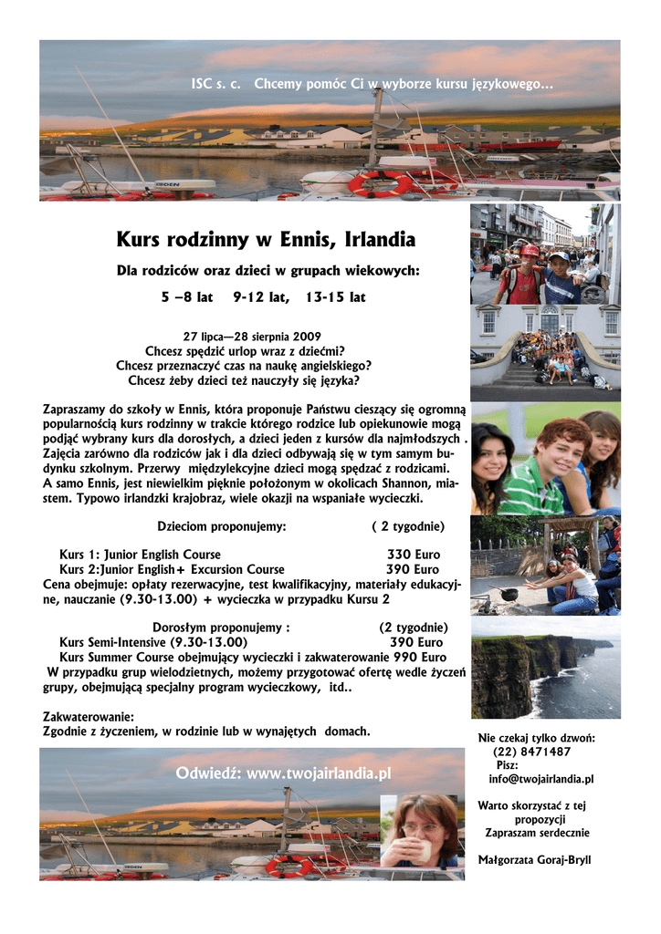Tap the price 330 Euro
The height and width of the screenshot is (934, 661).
pyautogui.click(x=413, y=555)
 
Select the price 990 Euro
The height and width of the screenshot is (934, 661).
pyautogui.click(x=420, y=657)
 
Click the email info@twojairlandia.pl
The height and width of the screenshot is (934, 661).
pyautogui.click(x=541, y=779)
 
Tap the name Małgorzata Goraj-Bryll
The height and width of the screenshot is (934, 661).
pyautogui.click(x=535, y=860)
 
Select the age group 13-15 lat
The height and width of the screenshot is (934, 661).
pyautogui.click(x=335, y=297)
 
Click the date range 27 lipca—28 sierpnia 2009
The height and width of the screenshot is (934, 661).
pyautogui.click(x=252, y=336)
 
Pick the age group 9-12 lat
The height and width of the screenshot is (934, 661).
pyautogui.click(x=261, y=297)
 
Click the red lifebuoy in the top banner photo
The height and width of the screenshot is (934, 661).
pyautogui.click(x=379, y=184)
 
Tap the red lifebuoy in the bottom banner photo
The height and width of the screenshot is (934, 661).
pyautogui.click(x=289, y=865)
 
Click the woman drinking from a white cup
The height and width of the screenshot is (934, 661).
pyautogui.click(x=423, y=830)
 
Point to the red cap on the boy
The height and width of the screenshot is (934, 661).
pyautogui.click(x=530, y=251)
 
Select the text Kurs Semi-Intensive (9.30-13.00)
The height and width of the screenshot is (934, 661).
pyautogui.click(x=152, y=642)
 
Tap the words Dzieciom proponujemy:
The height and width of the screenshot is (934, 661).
pyautogui.click(x=223, y=526)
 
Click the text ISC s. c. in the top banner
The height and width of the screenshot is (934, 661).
pyautogui.click(x=215, y=85)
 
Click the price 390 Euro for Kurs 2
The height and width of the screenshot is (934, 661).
pyautogui.click(x=413, y=569)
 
